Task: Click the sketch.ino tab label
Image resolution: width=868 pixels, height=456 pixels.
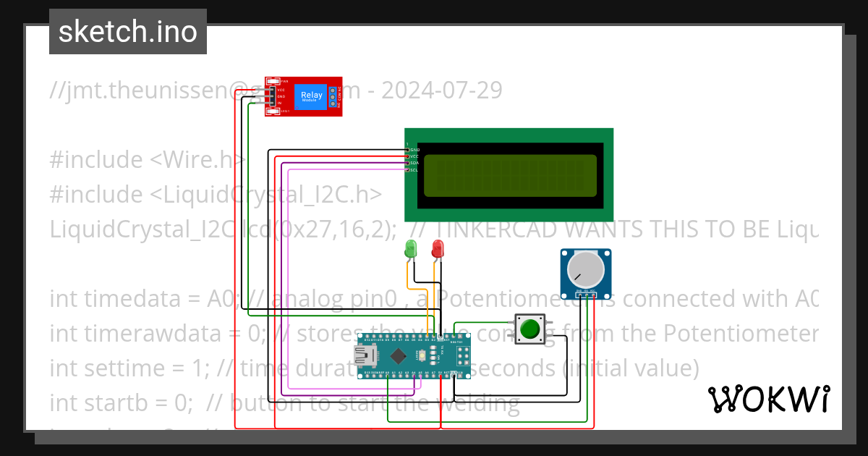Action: (128, 32)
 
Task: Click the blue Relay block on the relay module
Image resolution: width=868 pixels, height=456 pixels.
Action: (312, 96)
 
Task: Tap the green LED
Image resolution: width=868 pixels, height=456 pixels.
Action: (411, 250)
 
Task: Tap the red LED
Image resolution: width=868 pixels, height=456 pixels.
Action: (438, 249)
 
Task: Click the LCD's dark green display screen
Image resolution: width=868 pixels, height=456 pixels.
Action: (510, 175)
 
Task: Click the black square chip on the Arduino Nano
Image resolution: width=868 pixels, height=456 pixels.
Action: (398, 355)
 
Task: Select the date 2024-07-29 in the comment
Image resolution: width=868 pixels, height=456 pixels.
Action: (441, 90)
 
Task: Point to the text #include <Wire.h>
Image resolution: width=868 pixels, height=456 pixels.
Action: (148, 159)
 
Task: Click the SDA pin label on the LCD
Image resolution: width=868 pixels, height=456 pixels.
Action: (414, 164)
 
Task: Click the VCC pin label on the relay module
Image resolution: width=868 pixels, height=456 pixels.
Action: (281, 90)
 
